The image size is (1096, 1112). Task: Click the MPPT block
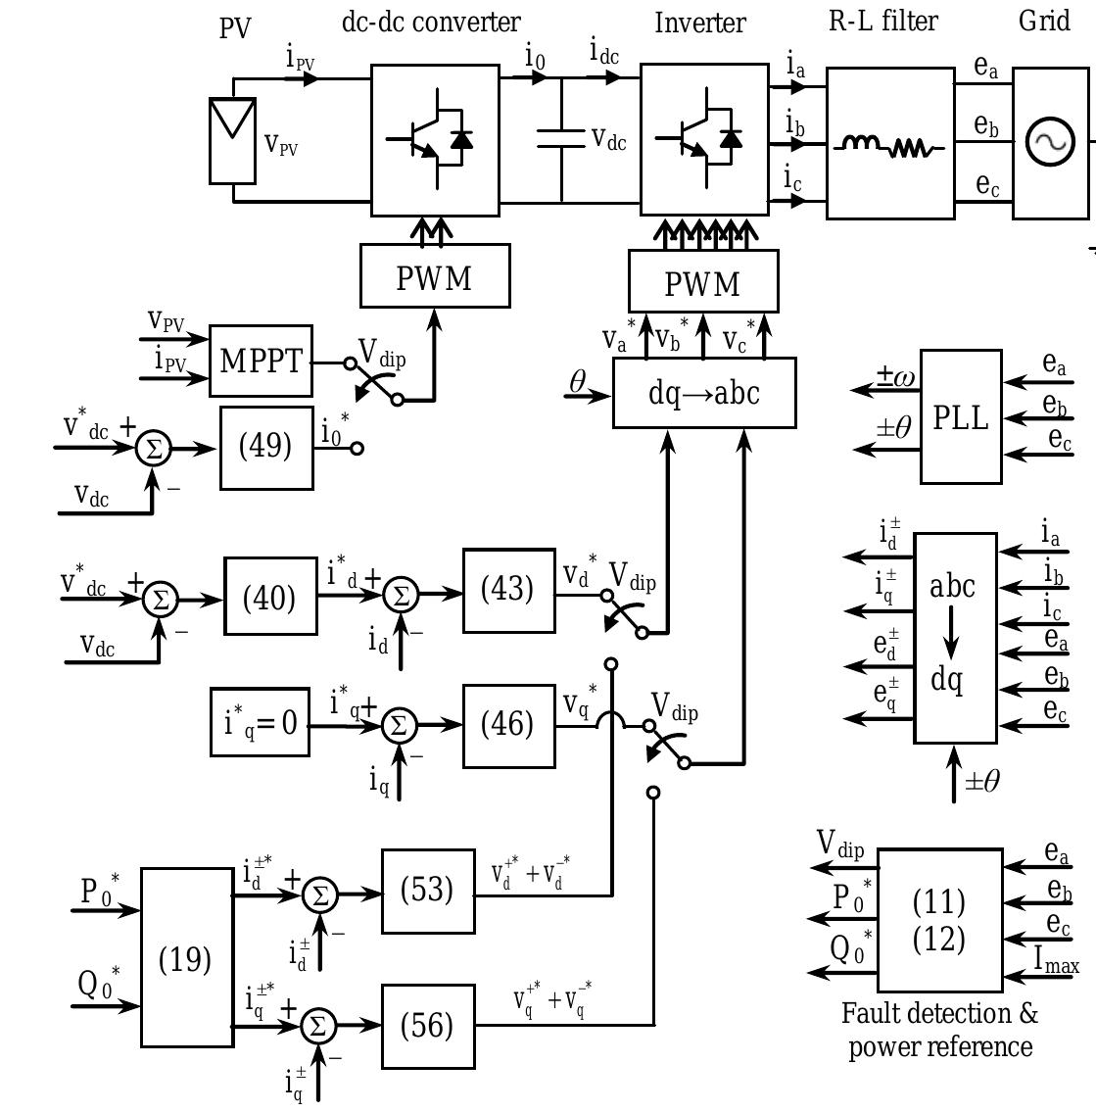(261, 361)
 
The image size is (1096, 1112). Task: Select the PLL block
(961, 417)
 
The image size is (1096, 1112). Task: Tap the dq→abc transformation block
(704, 393)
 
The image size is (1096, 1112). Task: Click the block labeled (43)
(507, 589)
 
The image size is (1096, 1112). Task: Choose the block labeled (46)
(507, 724)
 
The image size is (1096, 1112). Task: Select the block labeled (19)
(186, 959)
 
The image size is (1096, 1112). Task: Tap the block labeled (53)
(427, 891)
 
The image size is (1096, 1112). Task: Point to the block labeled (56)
(427, 1026)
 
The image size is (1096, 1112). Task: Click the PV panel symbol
(233, 140)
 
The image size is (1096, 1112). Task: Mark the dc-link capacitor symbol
(561, 139)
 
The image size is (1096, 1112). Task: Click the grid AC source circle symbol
(1050, 142)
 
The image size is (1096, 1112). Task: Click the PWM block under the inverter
(703, 283)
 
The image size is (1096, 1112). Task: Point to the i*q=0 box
(261, 723)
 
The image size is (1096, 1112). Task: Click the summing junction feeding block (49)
(152, 448)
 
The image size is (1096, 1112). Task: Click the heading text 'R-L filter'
(882, 21)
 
